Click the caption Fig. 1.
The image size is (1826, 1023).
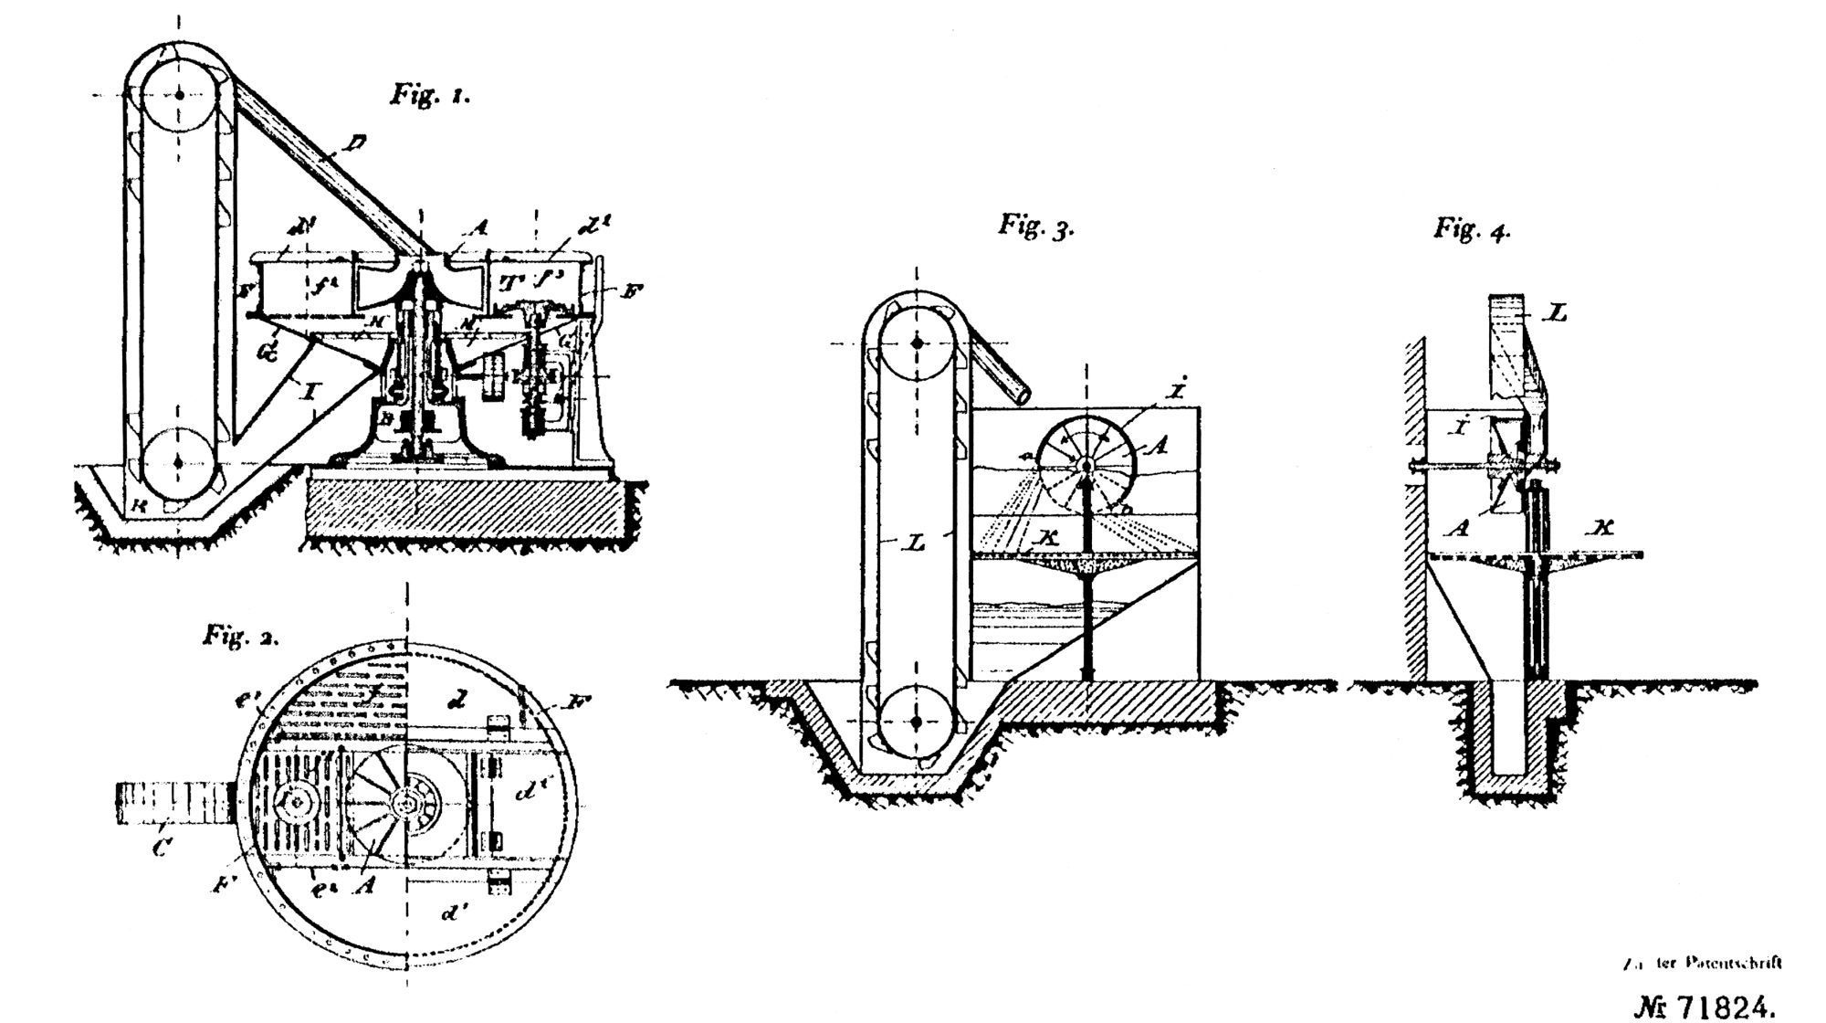[431, 94]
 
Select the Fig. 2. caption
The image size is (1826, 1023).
[240, 637]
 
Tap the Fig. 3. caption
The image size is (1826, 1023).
[1035, 226]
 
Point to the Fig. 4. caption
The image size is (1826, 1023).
[1472, 228]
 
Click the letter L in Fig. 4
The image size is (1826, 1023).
[1556, 313]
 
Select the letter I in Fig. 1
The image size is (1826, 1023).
[310, 393]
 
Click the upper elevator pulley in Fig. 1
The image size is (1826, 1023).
[181, 94]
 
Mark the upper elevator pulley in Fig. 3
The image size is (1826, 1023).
[917, 343]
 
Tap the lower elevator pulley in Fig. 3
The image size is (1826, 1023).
[917, 722]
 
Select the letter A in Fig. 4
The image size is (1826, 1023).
[1458, 527]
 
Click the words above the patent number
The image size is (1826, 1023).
[1704, 963]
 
